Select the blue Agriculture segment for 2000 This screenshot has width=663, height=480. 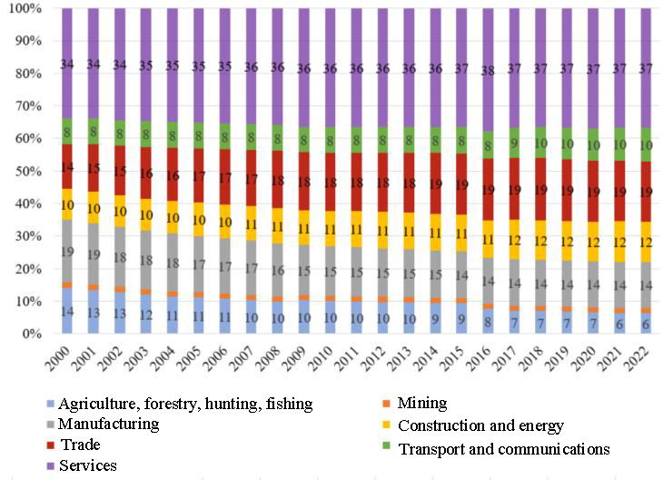(x=67, y=311)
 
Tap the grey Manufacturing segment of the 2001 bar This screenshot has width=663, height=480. (x=93, y=254)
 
